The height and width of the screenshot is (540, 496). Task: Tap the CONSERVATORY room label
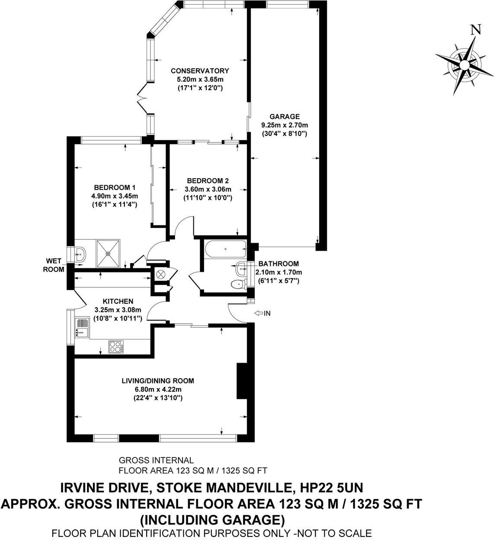199,71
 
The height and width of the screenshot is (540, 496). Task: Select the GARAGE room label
285,116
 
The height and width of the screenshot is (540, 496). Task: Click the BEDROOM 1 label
115,187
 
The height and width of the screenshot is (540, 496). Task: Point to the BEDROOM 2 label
208,180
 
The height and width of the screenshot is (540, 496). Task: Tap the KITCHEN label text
118,301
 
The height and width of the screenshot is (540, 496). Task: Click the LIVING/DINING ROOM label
157,381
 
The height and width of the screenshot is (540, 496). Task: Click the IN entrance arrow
263,313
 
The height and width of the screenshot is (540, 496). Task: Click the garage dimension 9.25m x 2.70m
285,125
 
